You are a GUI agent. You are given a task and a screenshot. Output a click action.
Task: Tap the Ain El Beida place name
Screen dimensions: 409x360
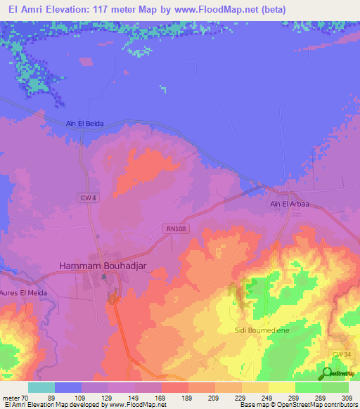(x=84, y=124)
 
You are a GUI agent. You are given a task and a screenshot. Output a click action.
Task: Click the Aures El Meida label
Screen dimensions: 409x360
(x=23, y=292)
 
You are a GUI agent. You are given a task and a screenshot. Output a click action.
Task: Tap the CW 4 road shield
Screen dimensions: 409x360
(x=86, y=199)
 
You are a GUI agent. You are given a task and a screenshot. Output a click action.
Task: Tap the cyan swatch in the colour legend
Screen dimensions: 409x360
(x=41, y=387)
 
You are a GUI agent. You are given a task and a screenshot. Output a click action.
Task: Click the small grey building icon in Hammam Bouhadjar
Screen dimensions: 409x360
(x=104, y=277)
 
